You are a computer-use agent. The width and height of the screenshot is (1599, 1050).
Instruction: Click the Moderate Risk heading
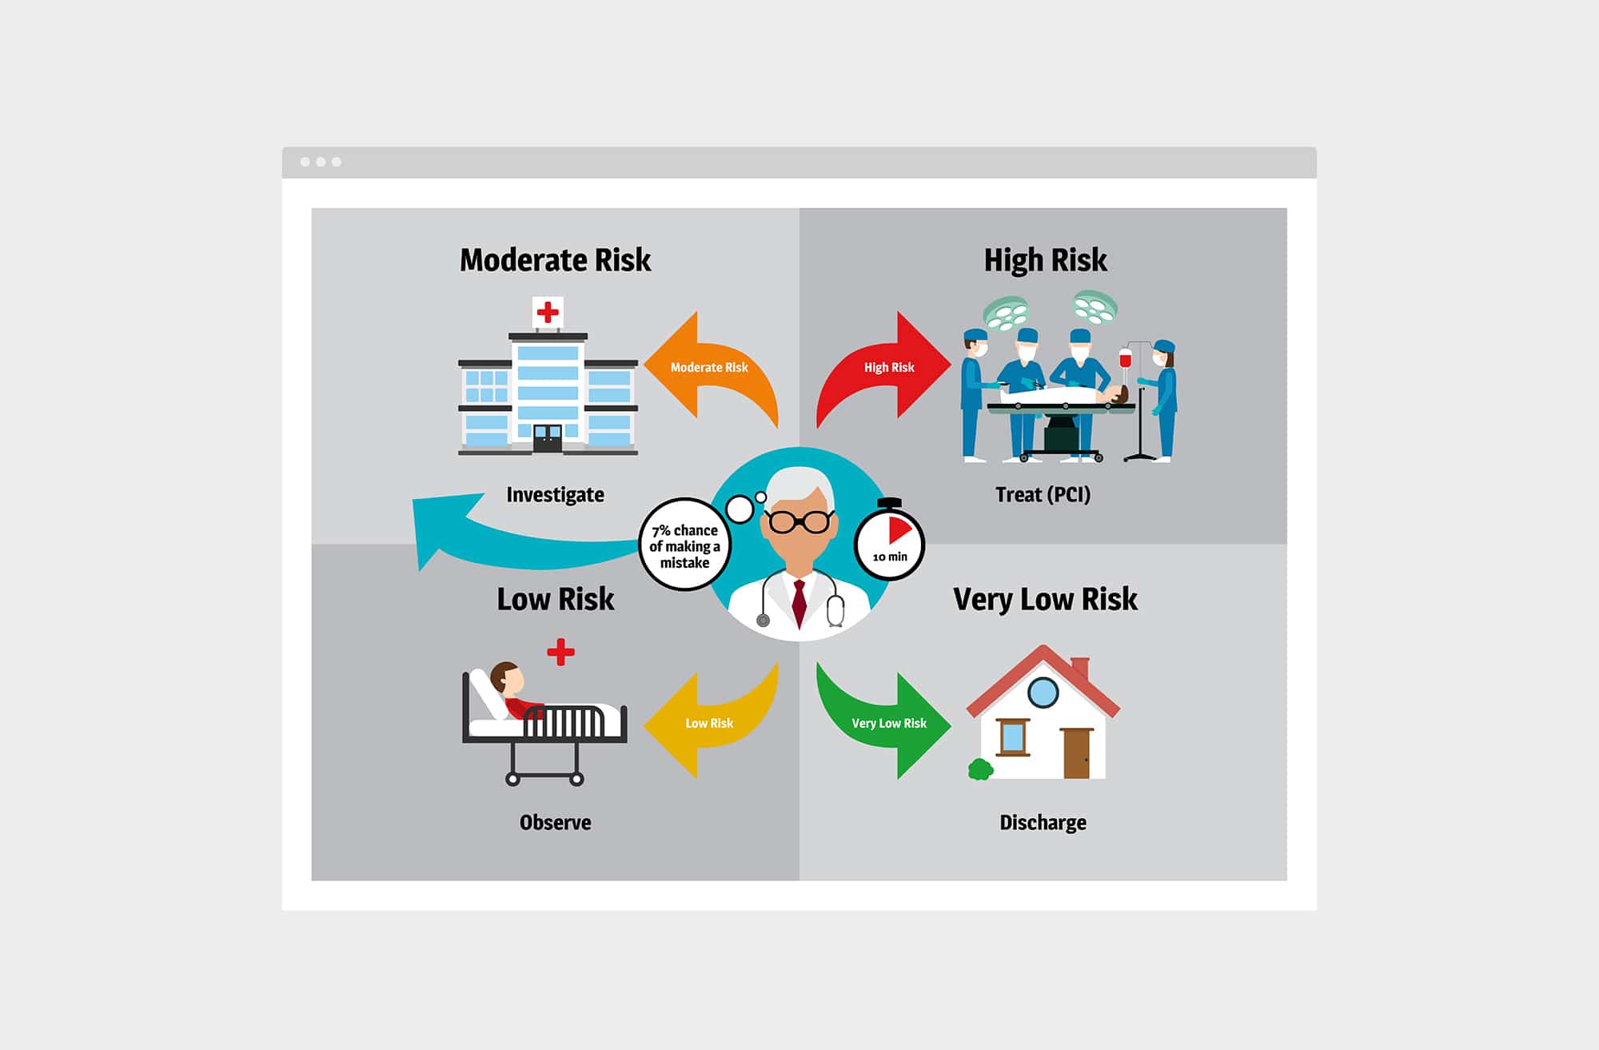tap(555, 261)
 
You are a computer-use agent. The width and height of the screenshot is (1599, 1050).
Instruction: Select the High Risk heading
tap(1045, 261)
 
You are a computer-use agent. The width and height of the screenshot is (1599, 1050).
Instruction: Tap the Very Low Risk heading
tap(1045, 599)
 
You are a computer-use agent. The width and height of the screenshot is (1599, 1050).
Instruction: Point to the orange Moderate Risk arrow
tap(708, 367)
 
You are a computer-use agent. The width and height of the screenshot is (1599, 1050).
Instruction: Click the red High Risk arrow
tap(889, 367)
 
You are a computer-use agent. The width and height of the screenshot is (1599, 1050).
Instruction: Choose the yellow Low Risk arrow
tap(708, 723)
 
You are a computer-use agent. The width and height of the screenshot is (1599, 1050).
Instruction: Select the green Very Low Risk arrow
tap(888, 723)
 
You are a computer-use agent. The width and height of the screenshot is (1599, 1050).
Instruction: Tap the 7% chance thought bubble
tap(684, 546)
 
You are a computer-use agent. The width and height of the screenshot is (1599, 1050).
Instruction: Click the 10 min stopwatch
tap(890, 543)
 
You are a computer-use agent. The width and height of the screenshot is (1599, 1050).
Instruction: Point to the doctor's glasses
tap(799, 521)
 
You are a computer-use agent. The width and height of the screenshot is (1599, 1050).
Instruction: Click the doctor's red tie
tap(799, 602)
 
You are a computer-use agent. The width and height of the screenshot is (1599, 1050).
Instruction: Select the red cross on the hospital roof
tap(548, 312)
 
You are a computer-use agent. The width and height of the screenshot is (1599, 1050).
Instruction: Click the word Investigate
tap(555, 495)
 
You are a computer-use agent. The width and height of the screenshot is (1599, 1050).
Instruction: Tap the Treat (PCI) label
tap(1043, 495)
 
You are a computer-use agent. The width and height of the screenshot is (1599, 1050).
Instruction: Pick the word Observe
tap(555, 823)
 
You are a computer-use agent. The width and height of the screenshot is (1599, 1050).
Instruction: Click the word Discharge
tap(1043, 823)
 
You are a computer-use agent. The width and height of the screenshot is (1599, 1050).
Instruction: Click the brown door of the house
tap(1077, 753)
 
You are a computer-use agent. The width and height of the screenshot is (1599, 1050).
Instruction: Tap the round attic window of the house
tap(1043, 693)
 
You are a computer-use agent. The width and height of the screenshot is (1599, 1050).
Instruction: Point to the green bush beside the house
tap(980, 769)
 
